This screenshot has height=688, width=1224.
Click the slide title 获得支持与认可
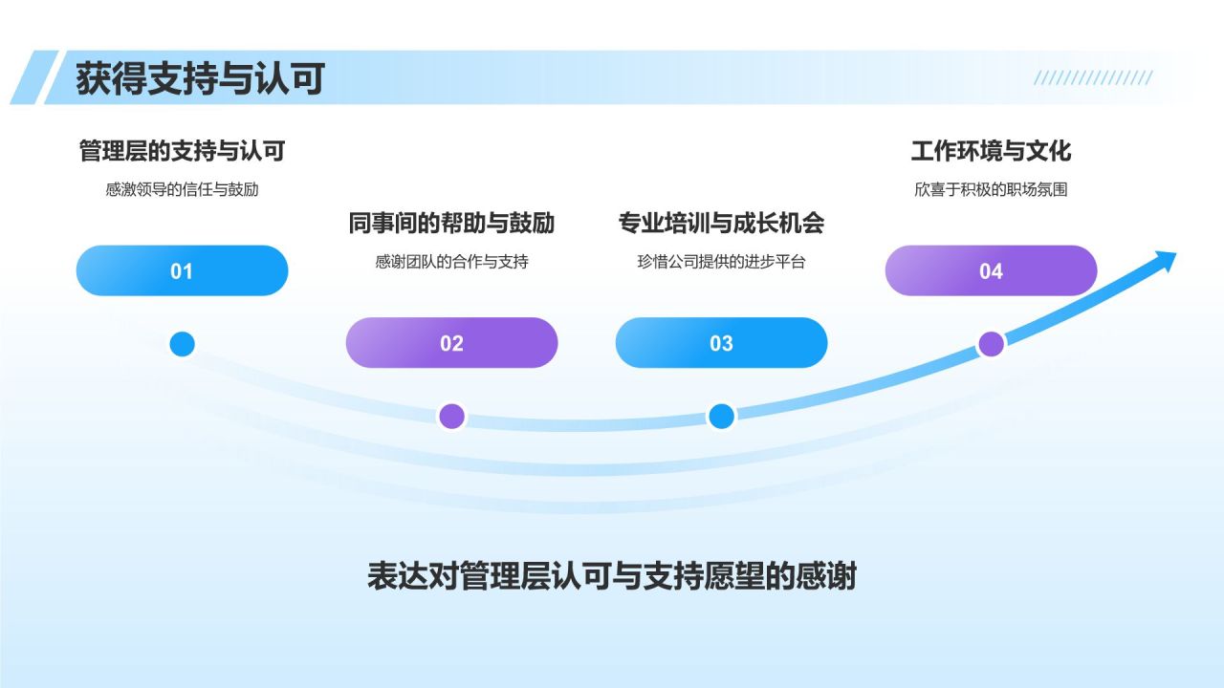pos(200,78)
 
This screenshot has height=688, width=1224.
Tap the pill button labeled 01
pos(182,271)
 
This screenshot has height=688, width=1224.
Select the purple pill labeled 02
pos(451,343)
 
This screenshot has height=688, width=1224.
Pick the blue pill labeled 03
pos(721,343)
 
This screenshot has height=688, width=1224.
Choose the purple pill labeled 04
pos(991,271)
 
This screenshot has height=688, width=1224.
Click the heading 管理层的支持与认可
pos(182,151)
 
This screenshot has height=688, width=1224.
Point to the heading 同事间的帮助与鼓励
pos(451,224)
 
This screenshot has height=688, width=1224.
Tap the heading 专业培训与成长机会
pos(721,224)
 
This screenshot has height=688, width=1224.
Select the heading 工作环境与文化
pos(991,151)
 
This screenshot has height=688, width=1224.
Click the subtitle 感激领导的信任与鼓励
pos(182,189)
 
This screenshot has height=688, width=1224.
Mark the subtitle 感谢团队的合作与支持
pos(451,261)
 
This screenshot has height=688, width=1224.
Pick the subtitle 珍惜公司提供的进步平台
pos(721,261)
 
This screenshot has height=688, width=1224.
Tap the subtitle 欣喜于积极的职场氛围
pos(991,189)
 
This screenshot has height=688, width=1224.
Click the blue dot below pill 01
pos(182,344)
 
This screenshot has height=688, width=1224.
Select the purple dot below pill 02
pos(451,416)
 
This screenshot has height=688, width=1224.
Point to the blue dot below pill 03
pos(721,416)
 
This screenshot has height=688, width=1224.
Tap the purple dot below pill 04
pos(992,344)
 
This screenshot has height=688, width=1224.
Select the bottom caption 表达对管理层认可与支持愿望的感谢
pos(612,577)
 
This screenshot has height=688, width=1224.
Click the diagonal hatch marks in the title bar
pos(1093,78)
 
